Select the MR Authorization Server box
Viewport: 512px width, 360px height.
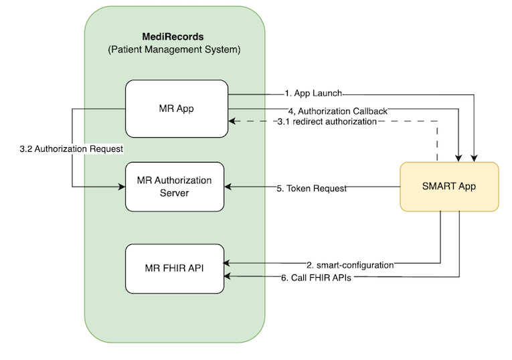(x=175, y=187)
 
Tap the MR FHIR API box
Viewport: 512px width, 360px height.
(x=175, y=268)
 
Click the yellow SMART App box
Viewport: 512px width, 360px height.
(x=449, y=187)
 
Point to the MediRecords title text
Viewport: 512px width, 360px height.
(x=173, y=36)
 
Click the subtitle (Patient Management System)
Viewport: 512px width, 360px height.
(x=174, y=50)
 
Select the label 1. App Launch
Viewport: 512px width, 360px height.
(x=313, y=94)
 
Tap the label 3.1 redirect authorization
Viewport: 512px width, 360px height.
(x=327, y=122)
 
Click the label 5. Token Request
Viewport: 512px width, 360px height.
(x=312, y=189)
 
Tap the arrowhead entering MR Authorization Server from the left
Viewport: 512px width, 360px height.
(x=122, y=187)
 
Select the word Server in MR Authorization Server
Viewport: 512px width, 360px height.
(x=174, y=193)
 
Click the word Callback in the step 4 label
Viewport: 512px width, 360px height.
(x=367, y=110)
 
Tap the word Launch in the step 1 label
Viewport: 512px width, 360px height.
(x=329, y=94)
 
